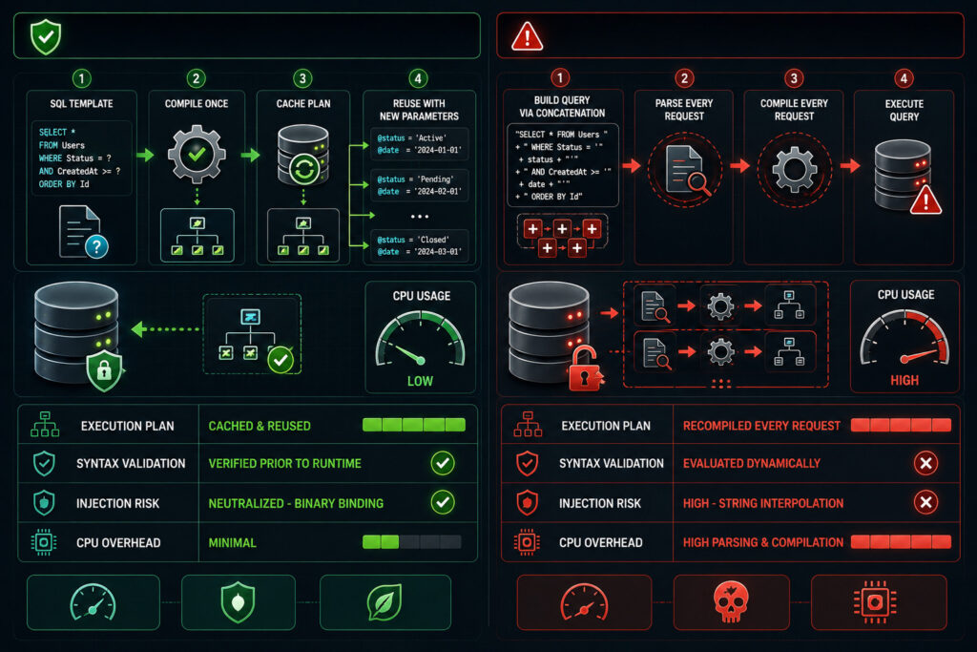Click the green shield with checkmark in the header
[x=46, y=37]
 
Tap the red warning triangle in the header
[x=527, y=36]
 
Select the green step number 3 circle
[x=302, y=78]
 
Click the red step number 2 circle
[x=684, y=78]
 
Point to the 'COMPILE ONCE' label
[x=197, y=103]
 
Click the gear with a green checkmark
[x=197, y=154]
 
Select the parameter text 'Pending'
[x=434, y=179]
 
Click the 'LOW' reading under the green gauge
[x=420, y=381]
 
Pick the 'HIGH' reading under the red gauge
[x=904, y=380]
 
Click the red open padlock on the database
[x=585, y=369]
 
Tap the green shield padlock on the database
[x=104, y=370]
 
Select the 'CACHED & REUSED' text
[x=260, y=426]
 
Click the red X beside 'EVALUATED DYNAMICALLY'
[x=925, y=463]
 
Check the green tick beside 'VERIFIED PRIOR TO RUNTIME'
[x=443, y=463]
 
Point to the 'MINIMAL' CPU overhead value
[x=232, y=543]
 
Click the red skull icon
[x=731, y=601]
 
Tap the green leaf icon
[x=385, y=602]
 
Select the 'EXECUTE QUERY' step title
[x=904, y=111]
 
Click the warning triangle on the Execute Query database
[x=925, y=200]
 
